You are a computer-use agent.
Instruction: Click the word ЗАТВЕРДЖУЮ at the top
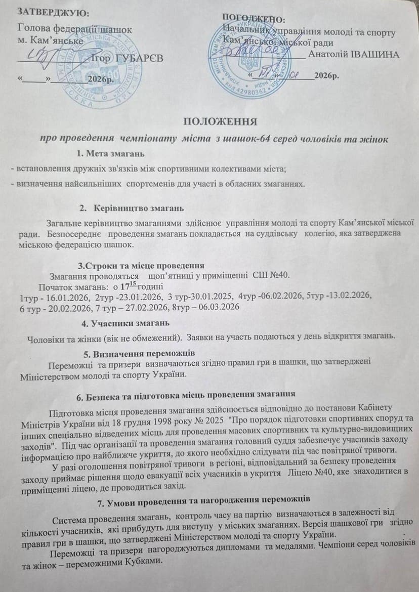pyautogui.click(x=48, y=11)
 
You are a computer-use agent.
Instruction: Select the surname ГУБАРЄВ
pyautogui.click(x=139, y=59)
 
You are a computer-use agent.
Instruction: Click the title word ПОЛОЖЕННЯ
pyautogui.click(x=220, y=121)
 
